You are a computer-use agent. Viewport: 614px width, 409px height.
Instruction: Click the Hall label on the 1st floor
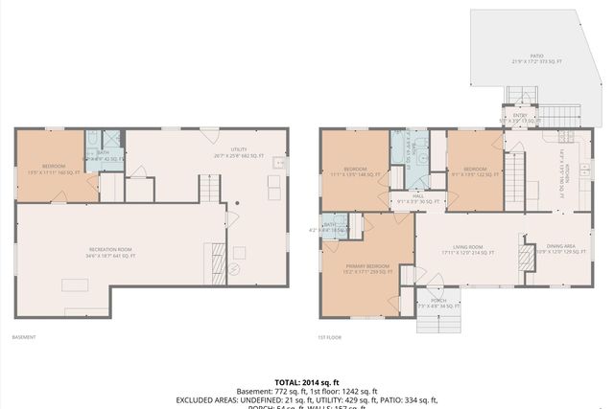click(418, 199)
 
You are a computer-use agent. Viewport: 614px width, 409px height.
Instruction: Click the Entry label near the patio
click(521, 119)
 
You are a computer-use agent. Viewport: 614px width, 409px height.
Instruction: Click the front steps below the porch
click(437, 320)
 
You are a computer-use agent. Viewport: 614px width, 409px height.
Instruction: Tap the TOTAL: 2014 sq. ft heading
click(307, 380)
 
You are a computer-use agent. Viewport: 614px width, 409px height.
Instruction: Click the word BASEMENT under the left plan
click(24, 337)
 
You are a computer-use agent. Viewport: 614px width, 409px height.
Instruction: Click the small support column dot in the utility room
click(238, 203)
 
